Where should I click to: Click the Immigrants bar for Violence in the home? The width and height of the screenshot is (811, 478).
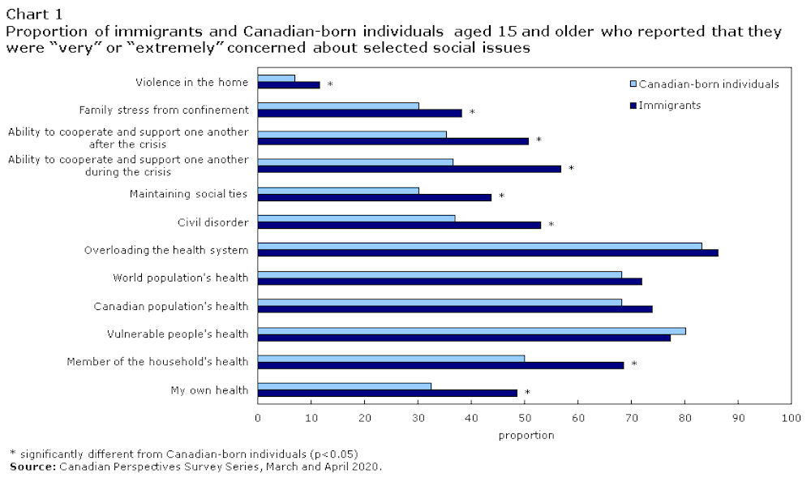pos(289,84)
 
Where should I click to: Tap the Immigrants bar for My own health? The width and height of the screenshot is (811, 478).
pos(388,393)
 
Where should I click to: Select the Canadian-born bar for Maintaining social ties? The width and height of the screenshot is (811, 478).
pos(338,191)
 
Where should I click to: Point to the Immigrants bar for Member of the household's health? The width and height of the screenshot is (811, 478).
pos(440,364)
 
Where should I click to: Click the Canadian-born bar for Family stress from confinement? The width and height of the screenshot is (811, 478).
pos(338,106)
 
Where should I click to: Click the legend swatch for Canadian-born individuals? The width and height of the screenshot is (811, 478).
pos(633,84)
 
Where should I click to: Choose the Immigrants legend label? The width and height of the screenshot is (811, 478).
pos(670,105)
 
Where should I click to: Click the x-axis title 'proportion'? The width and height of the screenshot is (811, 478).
pos(526,435)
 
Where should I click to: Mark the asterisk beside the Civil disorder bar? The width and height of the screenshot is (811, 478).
pos(551,225)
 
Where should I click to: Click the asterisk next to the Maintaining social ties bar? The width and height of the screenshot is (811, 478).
pos(501,196)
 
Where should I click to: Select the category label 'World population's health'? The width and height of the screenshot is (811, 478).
pos(180,278)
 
